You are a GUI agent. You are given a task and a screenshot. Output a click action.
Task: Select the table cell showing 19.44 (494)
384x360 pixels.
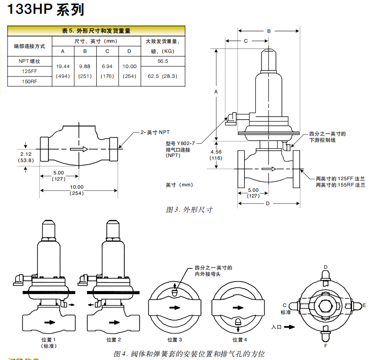click(x=63, y=71)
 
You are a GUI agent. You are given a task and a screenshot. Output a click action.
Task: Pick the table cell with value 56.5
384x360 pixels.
click(x=163, y=61)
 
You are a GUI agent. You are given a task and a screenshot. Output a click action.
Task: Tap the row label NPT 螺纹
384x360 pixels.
click(x=29, y=61)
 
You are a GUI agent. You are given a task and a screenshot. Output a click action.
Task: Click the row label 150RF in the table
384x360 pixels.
click(x=29, y=81)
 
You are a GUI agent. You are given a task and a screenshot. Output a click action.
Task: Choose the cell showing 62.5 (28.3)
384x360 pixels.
click(x=163, y=76)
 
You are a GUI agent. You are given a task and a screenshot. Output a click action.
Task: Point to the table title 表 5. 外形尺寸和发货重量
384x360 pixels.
click(x=96, y=31)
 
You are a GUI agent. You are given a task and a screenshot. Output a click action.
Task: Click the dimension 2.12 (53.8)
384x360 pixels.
click(x=25, y=157)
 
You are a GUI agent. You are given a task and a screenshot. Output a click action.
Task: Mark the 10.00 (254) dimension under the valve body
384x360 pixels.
click(x=77, y=190)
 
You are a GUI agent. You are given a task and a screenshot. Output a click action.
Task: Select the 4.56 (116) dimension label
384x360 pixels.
click(x=217, y=155)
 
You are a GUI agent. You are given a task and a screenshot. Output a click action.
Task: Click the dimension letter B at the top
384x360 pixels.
click(x=269, y=31)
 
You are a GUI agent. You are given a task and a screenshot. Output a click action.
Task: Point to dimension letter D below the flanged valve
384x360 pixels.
click(x=268, y=203)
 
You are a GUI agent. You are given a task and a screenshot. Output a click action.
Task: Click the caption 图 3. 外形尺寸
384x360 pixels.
click(x=189, y=210)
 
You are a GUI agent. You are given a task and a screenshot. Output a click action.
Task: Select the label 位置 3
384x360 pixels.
click(x=175, y=340)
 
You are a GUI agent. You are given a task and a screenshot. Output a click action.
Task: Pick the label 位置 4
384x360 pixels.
click(x=239, y=340)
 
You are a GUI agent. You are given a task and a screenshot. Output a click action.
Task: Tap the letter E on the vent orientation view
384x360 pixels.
click(x=364, y=305)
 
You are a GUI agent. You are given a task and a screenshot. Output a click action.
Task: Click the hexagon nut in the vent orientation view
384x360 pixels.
click(x=326, y=306)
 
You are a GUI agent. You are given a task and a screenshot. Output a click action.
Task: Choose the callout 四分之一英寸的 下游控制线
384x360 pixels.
click(x=327, y=137)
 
